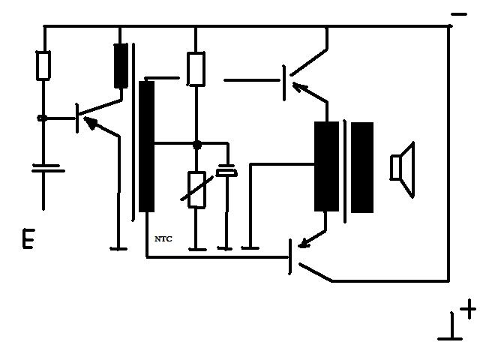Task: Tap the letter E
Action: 28,240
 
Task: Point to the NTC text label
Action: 163,238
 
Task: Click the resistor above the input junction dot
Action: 43,65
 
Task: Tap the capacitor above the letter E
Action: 47,167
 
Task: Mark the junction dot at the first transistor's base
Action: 43,118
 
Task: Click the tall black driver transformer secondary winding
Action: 146,146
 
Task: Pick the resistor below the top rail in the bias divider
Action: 196,69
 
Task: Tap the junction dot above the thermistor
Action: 196,144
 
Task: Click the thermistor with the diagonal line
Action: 196,190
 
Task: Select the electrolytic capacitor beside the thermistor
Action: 226,172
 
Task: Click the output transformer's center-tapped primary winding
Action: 326,166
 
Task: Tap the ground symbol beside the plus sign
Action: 450,330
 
